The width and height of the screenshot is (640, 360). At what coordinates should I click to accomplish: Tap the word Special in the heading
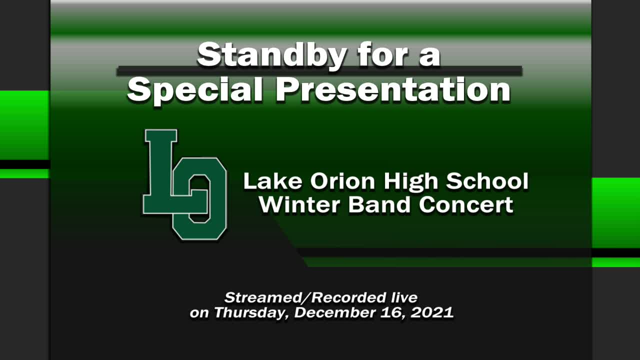[195, 90]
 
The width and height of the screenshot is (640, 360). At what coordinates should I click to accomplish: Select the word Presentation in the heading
[393, 90]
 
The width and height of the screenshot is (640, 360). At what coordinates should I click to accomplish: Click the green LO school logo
[185, 184]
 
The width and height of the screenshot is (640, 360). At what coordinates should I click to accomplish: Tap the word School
[487, 181]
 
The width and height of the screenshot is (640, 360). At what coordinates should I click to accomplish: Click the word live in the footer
[403, 298]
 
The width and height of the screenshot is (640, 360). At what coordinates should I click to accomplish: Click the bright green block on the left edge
[24, 125]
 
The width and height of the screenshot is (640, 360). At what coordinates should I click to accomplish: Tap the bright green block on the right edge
[615, 212]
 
